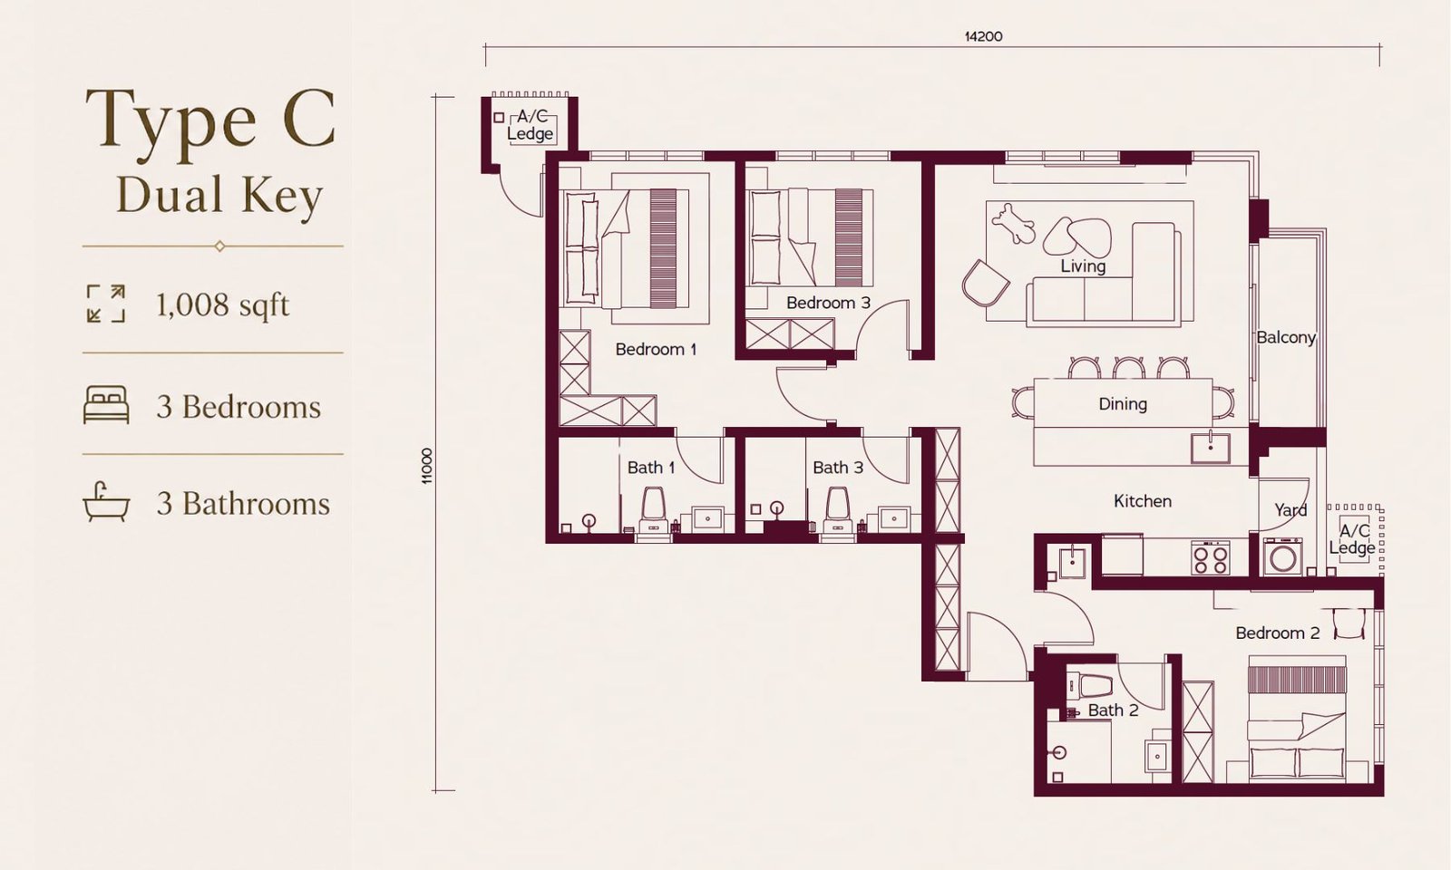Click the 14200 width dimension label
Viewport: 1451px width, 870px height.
(983, 36)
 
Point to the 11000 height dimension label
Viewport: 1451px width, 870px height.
(426, 466)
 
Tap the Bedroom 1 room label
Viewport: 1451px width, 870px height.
(656, 350)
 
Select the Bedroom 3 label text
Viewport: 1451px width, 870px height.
(828, 303)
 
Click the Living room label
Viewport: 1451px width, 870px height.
(1083, 266)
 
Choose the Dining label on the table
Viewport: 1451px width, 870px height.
(1123, 404)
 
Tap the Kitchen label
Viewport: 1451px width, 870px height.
(1143, 501)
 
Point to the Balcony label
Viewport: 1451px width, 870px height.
(1286, 337)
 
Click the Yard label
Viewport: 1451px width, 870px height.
(1291, 510)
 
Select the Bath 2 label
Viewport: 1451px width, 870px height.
(1113, 710)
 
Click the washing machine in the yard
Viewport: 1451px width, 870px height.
(1282, 557)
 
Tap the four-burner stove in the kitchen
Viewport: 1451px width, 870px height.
(1210, 558)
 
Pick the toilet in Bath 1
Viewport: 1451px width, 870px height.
(654, 511)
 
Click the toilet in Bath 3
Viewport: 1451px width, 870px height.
(838, 511)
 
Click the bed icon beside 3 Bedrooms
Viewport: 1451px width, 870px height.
(106, 404)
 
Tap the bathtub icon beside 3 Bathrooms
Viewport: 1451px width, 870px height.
(106, 502)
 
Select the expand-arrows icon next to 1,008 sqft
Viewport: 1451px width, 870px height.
(106, 303)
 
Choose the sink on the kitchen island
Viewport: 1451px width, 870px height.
(1210, 448)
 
